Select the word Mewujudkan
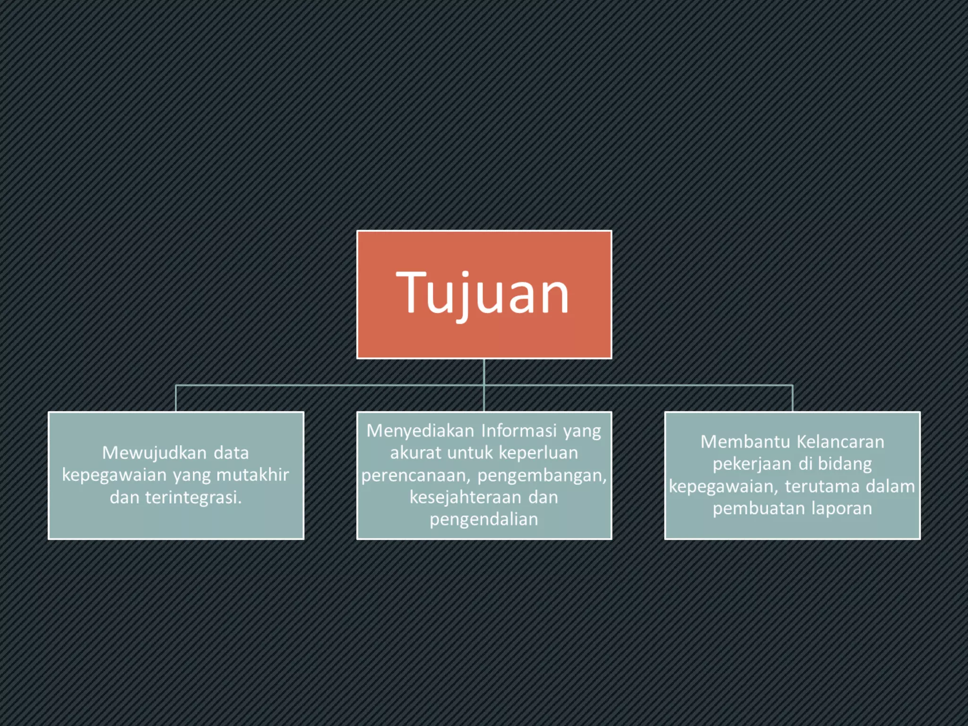tap(154, 453)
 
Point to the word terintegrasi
tap(193, 497)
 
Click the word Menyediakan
tap(420, 431)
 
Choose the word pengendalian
tap(484, 519)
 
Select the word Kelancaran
tap(840, 442)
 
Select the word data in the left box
tap(231, 453)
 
